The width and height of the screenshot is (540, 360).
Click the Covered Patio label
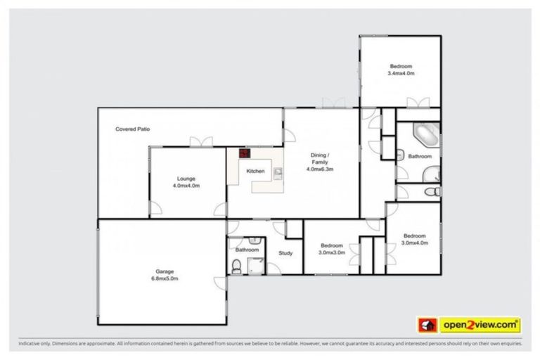[133, 129]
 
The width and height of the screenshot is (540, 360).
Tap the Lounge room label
[186, 179]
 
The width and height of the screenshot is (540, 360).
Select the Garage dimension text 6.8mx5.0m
[165, 279]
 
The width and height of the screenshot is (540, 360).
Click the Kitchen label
[255, 172]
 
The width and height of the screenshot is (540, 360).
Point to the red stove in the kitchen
[244, 153]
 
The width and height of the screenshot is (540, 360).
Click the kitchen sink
[278, 171]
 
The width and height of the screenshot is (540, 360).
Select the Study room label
[285, 253]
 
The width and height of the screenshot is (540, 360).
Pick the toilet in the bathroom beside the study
[237, 264]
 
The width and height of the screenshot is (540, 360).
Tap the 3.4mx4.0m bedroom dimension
[401, 73]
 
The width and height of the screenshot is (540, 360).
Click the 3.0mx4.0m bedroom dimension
[414, 243]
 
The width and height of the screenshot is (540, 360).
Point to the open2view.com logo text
[480, 325]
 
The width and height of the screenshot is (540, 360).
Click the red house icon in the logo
[427, 325]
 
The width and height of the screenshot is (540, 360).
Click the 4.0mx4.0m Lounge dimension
[186, 186]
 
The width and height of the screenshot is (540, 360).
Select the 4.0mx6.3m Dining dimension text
[319, 169]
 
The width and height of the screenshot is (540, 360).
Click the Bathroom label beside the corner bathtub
[420, 156]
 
